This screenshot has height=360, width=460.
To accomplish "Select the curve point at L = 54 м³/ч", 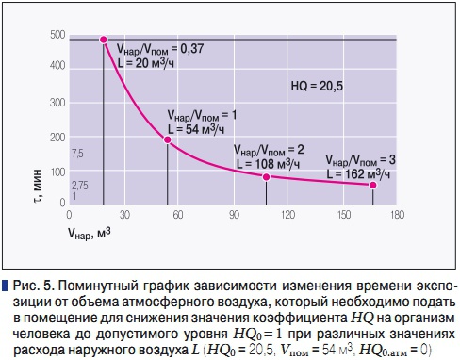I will [x=168, y=139].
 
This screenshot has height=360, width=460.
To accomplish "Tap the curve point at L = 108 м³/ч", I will [x=267, y=176].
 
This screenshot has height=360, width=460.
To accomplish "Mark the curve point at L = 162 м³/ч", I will [x=372, y=185].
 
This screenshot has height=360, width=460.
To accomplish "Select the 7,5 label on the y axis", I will [x=77, y=153].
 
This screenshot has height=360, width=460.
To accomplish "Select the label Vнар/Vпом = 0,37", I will [x=159, y=48].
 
